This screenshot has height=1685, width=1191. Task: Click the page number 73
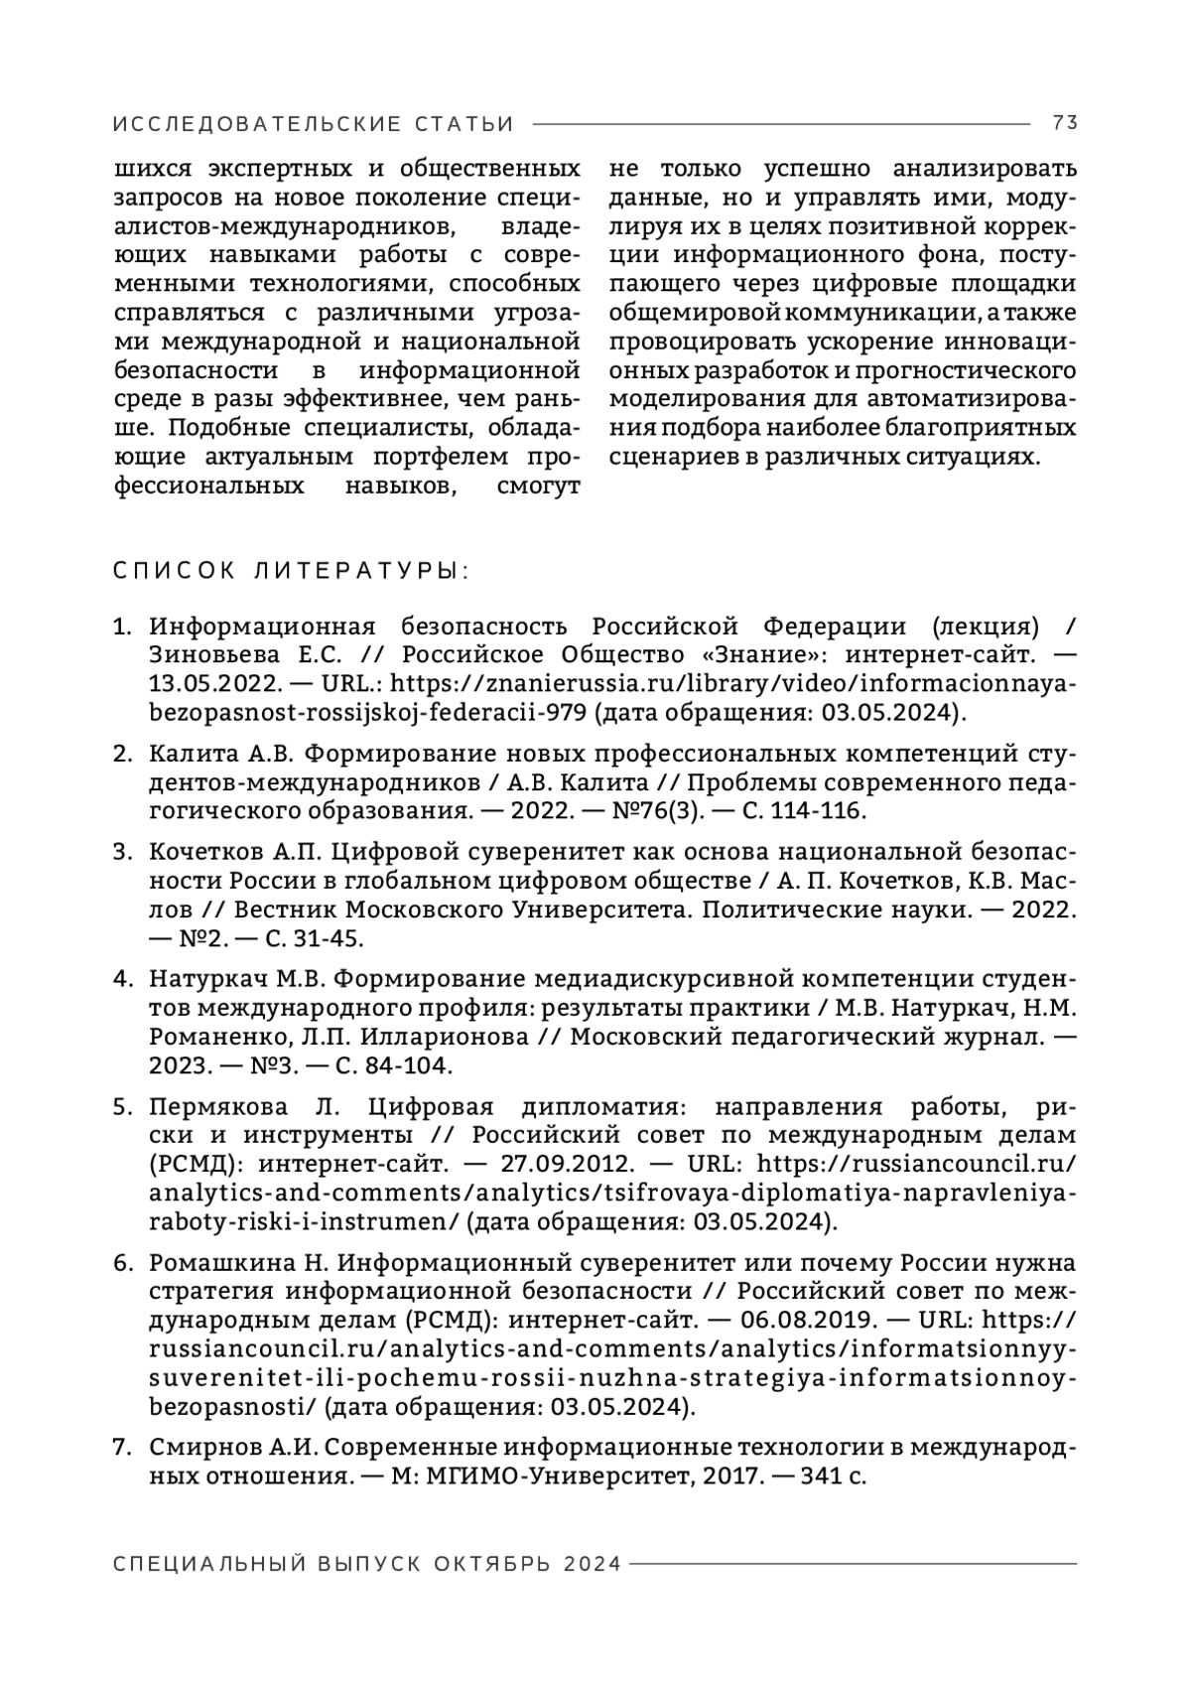tap(1065, 123)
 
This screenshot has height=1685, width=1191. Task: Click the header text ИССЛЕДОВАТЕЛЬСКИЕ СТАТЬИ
tap(314, 124)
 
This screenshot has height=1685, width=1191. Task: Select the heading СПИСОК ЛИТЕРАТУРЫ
tap(292, 572)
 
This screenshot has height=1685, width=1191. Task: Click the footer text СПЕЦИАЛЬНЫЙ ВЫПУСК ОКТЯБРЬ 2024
tap(367, 1564)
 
